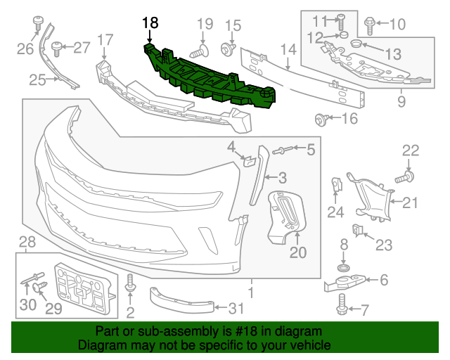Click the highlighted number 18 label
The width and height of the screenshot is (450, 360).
pyautogui.click(x=150, y=22)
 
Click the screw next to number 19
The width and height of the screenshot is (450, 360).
pyautogui.click(x=199, y=51)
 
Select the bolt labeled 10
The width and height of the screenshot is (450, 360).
pyautogui.click(x=371, y=25)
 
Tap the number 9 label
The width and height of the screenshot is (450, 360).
pyautogui.click(x=401, y=102)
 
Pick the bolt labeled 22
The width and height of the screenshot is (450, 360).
pyautogui.click(x=406, y=176)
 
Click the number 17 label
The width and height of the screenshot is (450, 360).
pyautogui.click(x=105, y=39)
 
